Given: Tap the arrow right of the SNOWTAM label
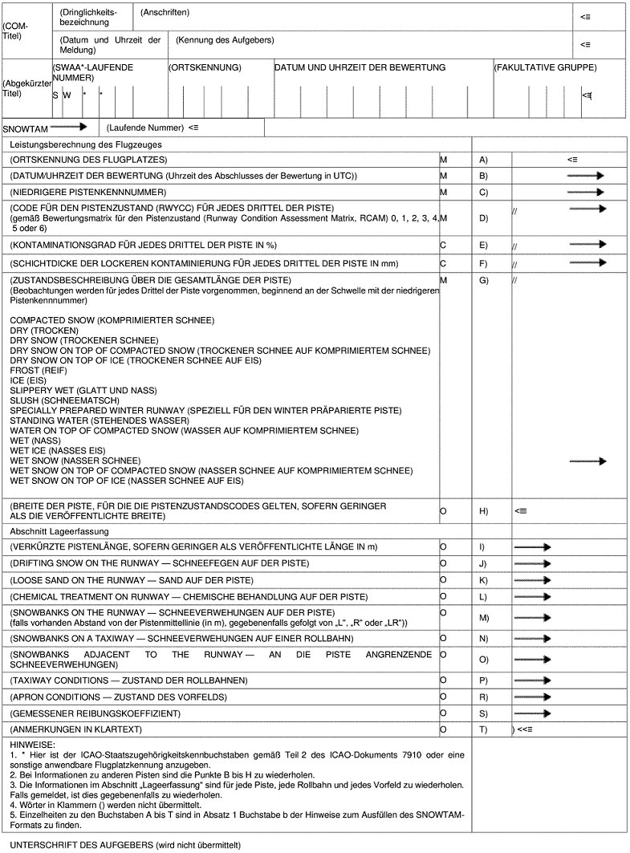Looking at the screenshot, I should (68, 127).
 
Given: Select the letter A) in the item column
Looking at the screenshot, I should (483, 160).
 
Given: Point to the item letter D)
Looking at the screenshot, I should (483, 217).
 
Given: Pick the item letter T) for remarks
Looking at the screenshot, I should (483, 729).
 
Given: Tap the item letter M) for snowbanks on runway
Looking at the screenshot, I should (483, 618).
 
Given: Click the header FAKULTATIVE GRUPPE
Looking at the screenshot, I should (545, 68).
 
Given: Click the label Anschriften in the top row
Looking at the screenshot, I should (165, 13).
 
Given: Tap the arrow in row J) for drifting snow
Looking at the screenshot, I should (533, 563).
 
